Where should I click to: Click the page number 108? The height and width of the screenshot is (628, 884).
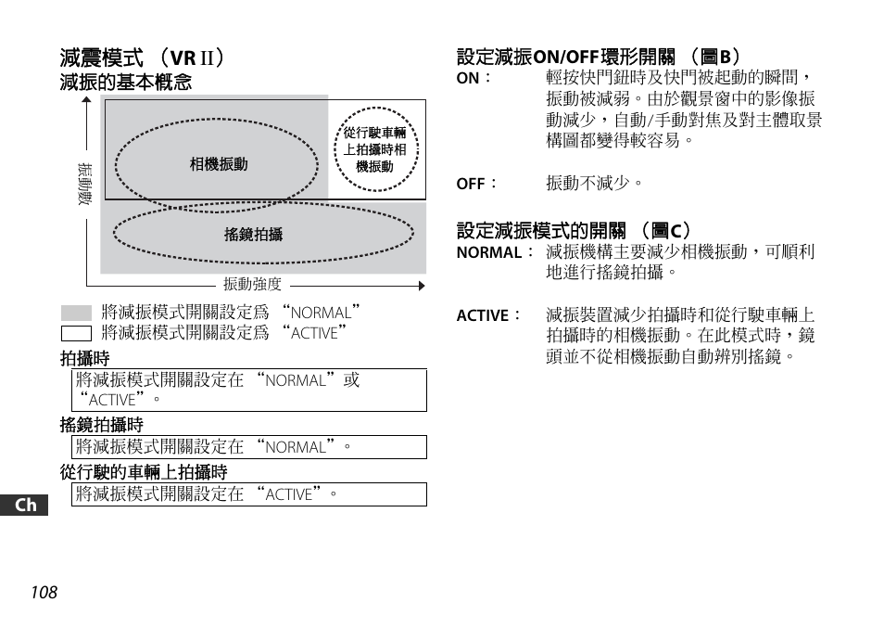[x=43, y=593]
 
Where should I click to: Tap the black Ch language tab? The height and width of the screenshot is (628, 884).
[x=27, y=506]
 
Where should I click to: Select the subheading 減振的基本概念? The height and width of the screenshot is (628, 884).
[x=126, y=83]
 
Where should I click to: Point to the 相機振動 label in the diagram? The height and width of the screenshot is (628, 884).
[x=219, y=164]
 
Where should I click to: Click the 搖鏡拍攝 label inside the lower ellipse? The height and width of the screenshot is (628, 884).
[x=253, y=235]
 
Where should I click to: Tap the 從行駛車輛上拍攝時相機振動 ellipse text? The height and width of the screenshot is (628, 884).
[x=374, y=150]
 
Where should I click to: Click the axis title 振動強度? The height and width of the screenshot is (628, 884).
[x=252, y=285]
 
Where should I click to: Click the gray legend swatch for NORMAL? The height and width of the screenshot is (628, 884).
[x=76, y=314]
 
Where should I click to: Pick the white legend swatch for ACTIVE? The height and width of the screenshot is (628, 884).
[x=76, y=333]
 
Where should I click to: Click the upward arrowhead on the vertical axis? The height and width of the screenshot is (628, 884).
[x=85, y=101]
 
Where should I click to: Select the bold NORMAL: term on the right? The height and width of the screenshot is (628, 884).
[x=490, y=253]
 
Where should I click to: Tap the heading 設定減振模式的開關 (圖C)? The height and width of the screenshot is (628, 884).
[x=575, y=230]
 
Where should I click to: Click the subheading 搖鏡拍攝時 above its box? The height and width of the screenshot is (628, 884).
[x=102, y=425]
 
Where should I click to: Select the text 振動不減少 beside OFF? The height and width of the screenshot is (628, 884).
[x=594, y=184]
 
